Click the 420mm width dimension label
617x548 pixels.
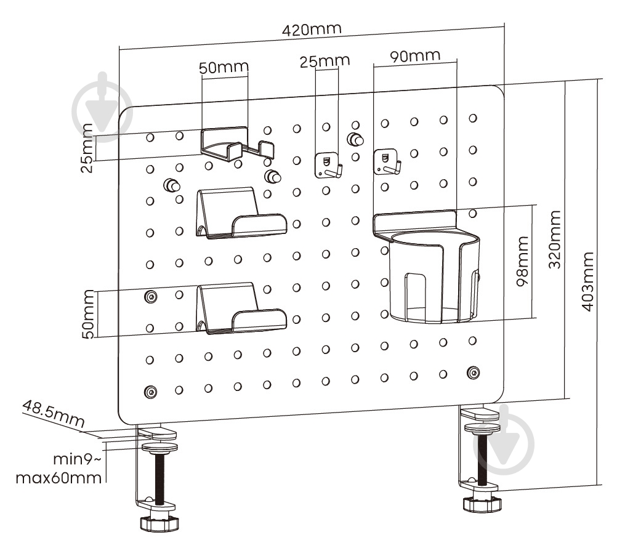pyautogui.click(x=312, y=30)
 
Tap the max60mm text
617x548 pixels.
pyautogui.click(x=58, y=478)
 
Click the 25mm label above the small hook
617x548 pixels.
pyautogui.click(x=325, y=61)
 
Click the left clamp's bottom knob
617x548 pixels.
pyautogui.click(x=158, y=523)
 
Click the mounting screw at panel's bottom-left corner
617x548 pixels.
pyautogui.click(x=150, y=390)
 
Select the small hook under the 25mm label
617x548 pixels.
pyautogui.click(x=327, y=165)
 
